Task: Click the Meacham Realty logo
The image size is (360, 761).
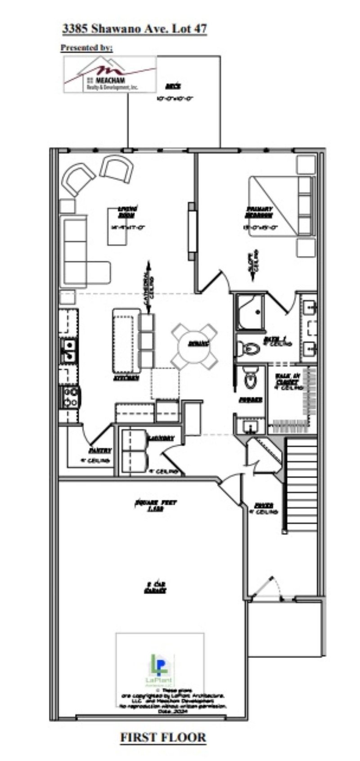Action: [110, 75]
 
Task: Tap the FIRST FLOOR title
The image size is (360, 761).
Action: [163, 738]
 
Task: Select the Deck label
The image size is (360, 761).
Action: [173, 86]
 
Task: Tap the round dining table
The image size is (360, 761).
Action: [194, 344]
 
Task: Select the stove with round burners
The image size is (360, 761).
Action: [71, 397]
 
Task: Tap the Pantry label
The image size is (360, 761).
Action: [99, 450]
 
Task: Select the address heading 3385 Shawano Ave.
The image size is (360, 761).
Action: [135, 29]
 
